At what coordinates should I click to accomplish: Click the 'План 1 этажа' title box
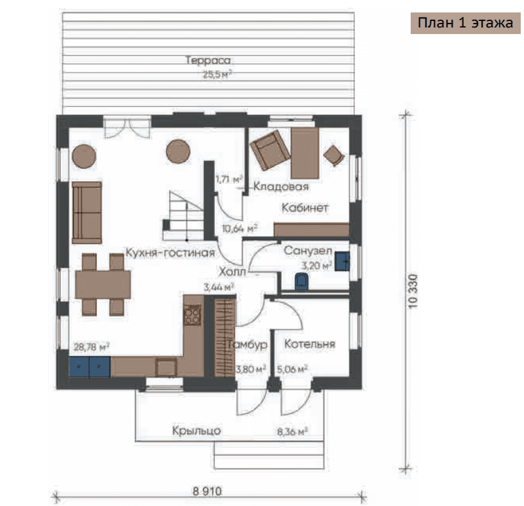pos(465,23)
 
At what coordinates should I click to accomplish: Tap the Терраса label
pos(208,60)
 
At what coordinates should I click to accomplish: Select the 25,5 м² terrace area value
pos(217,74)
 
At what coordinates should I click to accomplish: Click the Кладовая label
pos(281,186)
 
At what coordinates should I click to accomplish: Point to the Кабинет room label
pos(305,208)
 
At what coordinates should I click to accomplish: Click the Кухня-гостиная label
pos(170,253)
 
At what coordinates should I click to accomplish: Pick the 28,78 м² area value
pos(92,347)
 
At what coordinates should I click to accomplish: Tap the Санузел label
pos(308,251)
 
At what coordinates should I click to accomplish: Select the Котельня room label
pos(309,344)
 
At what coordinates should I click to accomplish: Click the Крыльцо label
pos(196,431)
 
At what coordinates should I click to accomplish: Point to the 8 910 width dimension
pos(207,491)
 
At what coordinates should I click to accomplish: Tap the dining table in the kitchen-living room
pos(103,285)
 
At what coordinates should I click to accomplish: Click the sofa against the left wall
pos(87,213)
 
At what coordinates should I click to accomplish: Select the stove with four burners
pos(193,315)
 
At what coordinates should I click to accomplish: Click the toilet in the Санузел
pos(302,281)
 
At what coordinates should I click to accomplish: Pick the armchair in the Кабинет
pos(270,150)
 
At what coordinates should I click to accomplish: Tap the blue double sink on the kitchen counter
pos(90,367)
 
